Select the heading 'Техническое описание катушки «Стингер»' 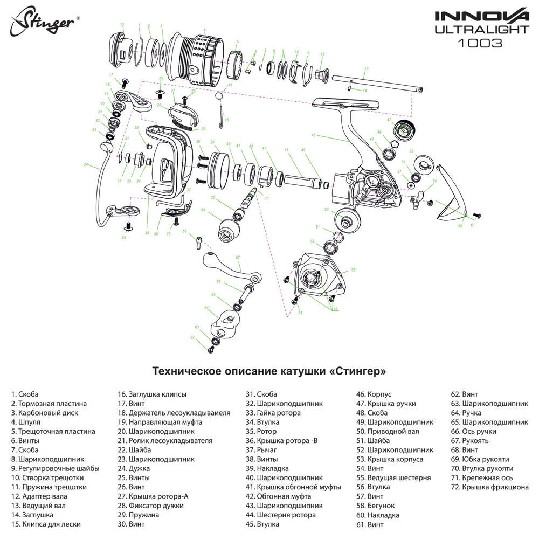(269, 371)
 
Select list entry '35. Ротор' (261, 431)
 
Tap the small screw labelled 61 (476, 215)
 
